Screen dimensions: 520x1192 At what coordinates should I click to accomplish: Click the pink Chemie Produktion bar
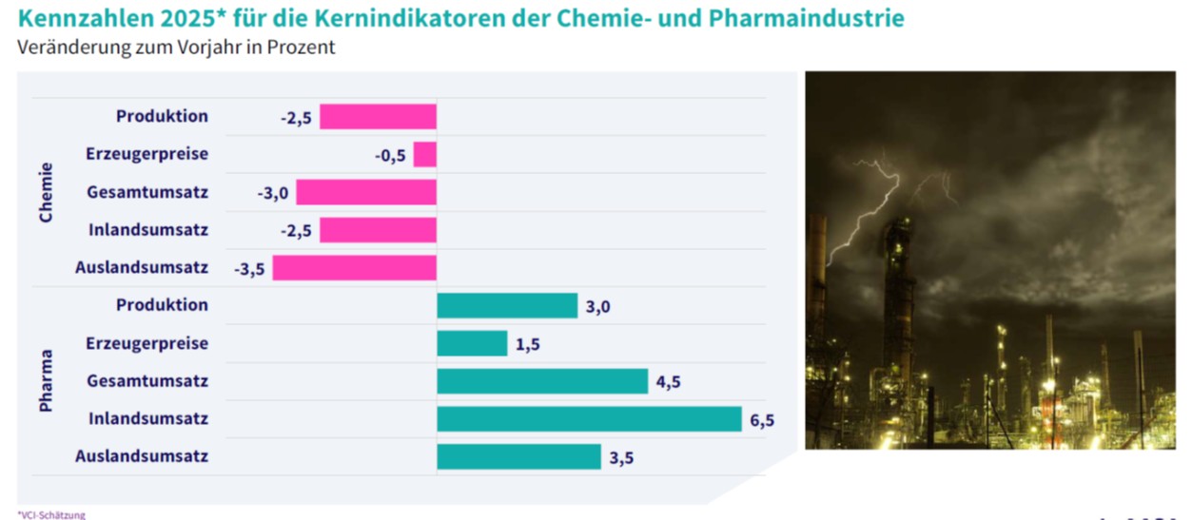(378, 117)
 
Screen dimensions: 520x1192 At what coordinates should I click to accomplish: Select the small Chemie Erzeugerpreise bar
(425, 155)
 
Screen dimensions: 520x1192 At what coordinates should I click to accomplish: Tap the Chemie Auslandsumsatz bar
(354, 268)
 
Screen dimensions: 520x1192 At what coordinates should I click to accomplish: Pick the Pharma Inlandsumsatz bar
(589, 419)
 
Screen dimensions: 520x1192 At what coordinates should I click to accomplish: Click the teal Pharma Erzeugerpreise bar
(472, 343)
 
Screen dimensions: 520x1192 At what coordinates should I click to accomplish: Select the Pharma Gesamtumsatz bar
(542, 381)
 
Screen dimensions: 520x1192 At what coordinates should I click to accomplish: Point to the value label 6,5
(762, 419)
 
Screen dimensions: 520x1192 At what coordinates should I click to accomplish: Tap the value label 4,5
(669, 382)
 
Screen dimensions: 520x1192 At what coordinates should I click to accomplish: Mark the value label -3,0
(272, 193)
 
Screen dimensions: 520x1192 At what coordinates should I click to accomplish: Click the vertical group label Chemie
(46, 193)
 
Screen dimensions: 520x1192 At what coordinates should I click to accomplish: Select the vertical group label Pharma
(46, 381)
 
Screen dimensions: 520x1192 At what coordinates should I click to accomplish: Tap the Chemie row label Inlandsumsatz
(148, 230)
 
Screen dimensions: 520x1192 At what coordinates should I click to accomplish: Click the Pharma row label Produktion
(162, 305)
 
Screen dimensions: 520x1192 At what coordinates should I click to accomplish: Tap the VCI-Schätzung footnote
(51, 514)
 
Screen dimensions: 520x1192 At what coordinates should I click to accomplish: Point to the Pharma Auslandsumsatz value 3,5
(621, 457)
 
